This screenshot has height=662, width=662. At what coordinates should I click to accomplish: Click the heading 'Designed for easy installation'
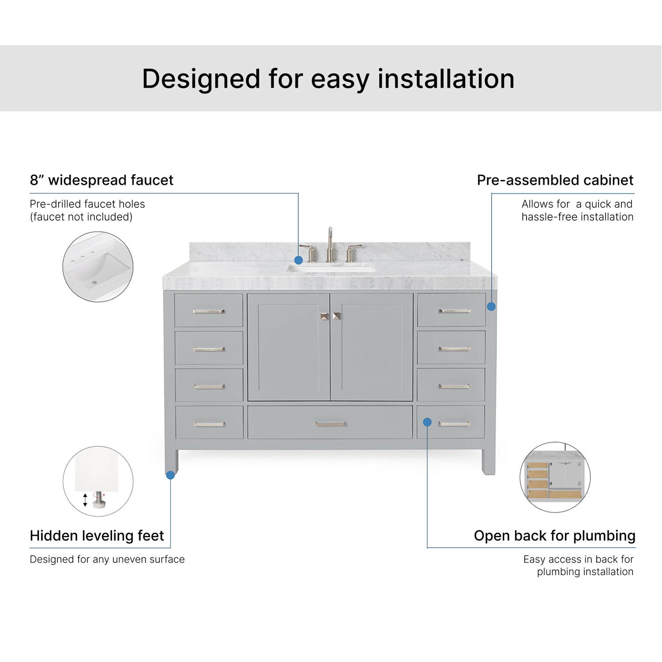(328, 79)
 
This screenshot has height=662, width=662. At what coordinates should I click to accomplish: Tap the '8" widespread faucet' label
(102, 180)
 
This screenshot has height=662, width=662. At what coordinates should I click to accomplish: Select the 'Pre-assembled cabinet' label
(555, 180)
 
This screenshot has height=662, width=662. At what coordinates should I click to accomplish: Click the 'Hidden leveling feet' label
(97, 535)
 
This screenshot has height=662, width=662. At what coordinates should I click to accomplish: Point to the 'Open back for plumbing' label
(554, 535)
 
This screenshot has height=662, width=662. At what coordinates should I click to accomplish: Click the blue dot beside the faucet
(298, 260)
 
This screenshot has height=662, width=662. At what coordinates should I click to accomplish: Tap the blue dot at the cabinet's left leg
(170, 475)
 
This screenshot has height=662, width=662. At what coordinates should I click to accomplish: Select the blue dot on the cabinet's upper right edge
(491, 306)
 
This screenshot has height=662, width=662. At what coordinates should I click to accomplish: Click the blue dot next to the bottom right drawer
(427, 422)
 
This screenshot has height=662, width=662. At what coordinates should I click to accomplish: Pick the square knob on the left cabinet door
(324, 316)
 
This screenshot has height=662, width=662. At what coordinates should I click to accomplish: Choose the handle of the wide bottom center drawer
(330, 424)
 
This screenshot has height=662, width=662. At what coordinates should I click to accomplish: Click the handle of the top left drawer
(209, 311)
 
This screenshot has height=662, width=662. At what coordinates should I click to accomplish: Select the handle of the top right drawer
(454, 311)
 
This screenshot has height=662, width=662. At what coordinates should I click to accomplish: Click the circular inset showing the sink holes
(98, 267)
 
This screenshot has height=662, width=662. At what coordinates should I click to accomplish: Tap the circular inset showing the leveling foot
(98, 481)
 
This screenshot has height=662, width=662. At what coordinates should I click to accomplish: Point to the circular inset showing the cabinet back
(555, 477)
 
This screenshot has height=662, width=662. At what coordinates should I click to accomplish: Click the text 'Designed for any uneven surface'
(107, 559)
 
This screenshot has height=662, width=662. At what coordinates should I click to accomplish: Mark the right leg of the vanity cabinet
(489, 462)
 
